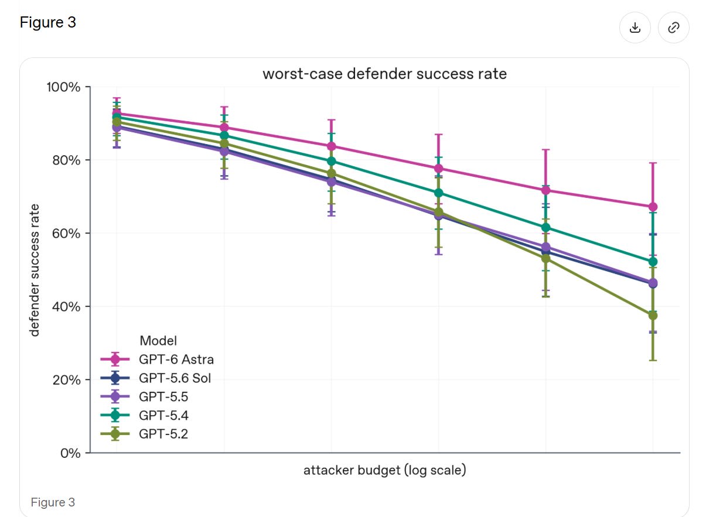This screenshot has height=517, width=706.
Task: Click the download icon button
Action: (x=635, y=28)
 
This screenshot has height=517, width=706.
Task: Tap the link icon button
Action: (x=673, y=28)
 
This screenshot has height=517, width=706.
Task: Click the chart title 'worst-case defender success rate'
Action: (x=384, y=74)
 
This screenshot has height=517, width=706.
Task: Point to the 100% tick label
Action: (x=63, y=87)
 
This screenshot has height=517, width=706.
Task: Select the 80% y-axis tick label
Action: (x=66, y=160)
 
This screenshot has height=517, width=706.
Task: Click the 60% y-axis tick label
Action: (x=66, y=234)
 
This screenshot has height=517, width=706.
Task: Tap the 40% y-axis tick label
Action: (x=66, y=307)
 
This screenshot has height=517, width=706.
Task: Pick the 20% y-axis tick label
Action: (x=66, y=380)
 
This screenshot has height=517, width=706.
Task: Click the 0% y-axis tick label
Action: (x=70, y=453)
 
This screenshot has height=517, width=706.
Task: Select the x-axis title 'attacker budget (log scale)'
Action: (x=384, y=470)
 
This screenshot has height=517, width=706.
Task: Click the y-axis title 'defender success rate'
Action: (x=34, y=270)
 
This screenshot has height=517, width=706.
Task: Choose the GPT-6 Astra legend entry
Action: (x=157, y=359)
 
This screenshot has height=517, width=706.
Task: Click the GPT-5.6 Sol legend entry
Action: (x=156, y=378)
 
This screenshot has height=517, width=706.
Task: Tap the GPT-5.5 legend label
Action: (x=163, y=397)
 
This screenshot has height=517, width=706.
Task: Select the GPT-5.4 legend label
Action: (x=163, y=416)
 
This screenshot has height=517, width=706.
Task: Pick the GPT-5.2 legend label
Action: (x=163, y=434)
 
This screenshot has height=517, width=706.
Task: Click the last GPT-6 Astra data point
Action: (x=653, y=207)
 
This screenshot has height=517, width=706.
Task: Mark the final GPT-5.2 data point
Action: (x=653, y=316)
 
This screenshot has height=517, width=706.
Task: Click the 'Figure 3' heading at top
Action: (x=48, y=22)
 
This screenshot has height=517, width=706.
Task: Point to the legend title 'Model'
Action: (x=158, y=341)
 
